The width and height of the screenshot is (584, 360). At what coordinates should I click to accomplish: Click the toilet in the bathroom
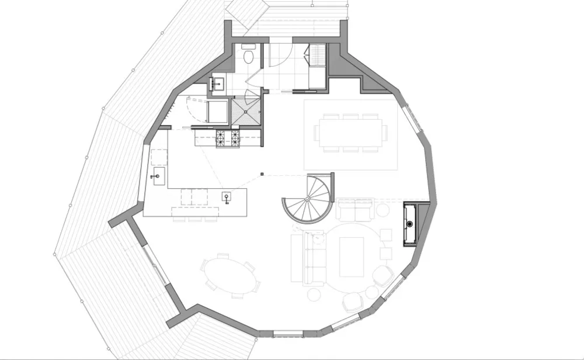pos(249,56)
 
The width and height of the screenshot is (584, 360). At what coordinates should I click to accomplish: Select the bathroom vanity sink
pos(217,84)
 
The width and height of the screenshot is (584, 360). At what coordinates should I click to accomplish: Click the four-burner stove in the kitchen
pos(228,139)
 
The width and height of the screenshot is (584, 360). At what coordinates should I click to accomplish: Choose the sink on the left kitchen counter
pos(156,175)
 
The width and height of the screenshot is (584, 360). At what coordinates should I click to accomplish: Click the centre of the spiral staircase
pos(308,199)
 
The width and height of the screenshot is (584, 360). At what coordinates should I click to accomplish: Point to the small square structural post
pos(262,174)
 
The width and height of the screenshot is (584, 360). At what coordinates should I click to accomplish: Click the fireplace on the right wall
pos(411,224)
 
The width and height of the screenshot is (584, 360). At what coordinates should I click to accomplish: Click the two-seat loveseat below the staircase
pos(354,209)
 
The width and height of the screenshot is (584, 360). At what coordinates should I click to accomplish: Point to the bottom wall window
pos(288,334)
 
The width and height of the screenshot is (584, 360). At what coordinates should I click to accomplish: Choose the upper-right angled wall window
pos(413,120)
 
